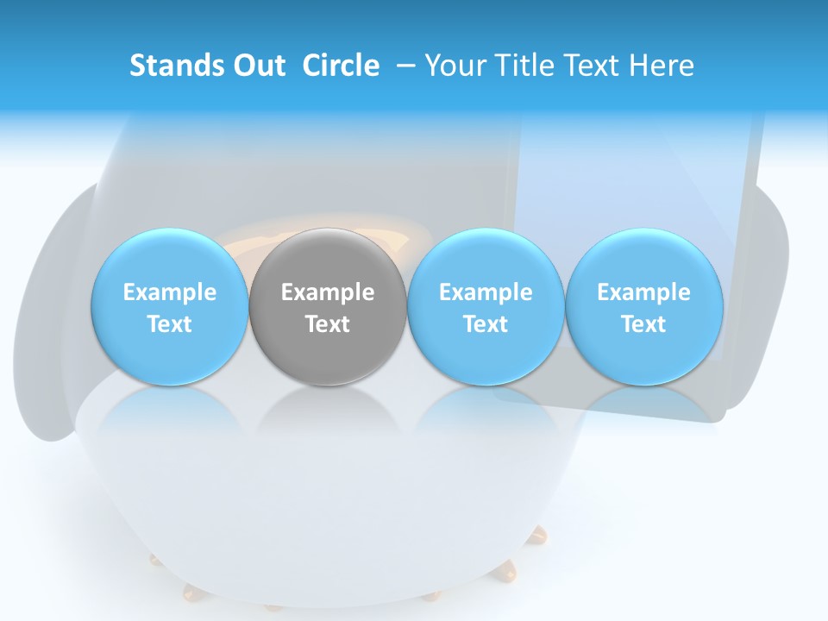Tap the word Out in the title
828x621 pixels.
click(x=257, y=66)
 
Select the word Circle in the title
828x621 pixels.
click(x=341, y=66)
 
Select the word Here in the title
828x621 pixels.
click(x=663, y=66)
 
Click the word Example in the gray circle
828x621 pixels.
click(x=328, y=292)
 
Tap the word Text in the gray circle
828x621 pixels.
click(x=328, y=324)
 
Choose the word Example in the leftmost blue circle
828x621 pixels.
click(x=170, y=292)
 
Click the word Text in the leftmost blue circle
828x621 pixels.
click(x=170, y=324)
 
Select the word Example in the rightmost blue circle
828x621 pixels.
click(x=643, y=292)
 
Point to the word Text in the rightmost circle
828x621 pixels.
click(x=643, y=324)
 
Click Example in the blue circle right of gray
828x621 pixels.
click(x=486, y=292)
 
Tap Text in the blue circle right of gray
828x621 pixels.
click(x=486, y=324)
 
